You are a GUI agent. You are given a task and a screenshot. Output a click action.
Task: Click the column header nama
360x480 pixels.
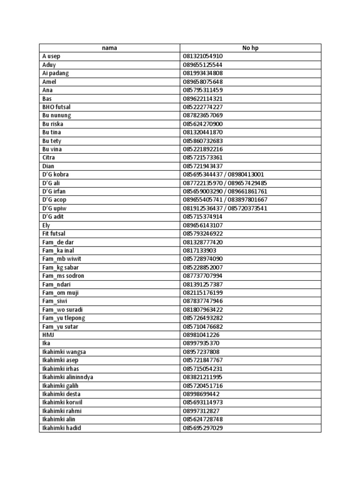[109, 48]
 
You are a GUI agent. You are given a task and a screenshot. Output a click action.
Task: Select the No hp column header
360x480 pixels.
[250, 48]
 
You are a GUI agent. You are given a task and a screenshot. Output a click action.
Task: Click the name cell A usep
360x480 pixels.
[51, 56]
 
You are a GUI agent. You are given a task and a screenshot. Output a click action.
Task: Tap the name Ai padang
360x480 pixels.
[54, 73]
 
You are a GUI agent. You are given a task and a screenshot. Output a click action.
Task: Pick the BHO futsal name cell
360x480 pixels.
[56, 107]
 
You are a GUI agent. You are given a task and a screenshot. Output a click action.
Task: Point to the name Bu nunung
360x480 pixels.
[56, 115]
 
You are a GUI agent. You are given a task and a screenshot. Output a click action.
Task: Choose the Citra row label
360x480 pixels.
[48, 157]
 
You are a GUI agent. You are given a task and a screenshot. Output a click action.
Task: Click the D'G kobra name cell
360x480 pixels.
[55, 174]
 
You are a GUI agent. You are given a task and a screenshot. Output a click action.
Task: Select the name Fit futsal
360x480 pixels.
[54, 233]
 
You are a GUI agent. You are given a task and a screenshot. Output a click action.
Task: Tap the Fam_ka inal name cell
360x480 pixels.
[59, 250]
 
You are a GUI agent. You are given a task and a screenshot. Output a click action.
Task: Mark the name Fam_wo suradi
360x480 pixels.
[63, 309]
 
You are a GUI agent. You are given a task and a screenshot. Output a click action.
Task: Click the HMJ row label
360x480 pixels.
[48, 335]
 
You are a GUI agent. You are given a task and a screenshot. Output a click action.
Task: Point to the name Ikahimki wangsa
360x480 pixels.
[64, 352]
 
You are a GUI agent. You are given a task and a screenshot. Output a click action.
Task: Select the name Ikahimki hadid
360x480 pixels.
[61, 427]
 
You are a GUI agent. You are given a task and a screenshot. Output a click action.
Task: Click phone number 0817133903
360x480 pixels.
[199, 250]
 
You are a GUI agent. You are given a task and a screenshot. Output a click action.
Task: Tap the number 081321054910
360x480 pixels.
[202, 56]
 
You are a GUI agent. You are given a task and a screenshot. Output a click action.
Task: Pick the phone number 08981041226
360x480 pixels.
[201, 335]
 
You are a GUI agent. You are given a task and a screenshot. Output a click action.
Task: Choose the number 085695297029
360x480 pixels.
[202, 427]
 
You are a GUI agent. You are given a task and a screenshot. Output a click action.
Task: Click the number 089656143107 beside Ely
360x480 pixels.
[202, 225]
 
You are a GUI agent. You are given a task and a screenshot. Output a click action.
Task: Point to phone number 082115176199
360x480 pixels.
[202, 292]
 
